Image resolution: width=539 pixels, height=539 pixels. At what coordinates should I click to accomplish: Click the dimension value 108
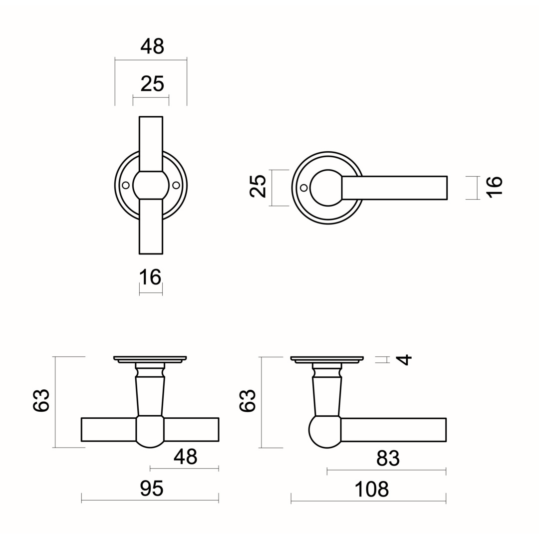pyautogui.click(x=372, y=489)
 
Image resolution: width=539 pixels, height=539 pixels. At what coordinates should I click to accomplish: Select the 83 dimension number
pyautogui.click(x=388, y=458)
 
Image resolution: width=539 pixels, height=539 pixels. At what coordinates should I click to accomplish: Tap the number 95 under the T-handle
pyautogui.click(x=152, y=489)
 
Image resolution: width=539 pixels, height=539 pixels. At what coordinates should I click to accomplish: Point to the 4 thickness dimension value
pyautogui.click(x=404, y=359)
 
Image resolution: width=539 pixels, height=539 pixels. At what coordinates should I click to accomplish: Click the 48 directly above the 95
pyautogui.click(x=185, y=457)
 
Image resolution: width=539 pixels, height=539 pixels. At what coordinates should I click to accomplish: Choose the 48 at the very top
pyautogui.click(x=152, y=46)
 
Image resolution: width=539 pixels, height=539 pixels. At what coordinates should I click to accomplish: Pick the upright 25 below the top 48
pyautogui.click(x=152, y=84)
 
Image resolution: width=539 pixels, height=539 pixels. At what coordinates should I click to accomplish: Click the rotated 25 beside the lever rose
pyautogui.click(x=258, y=186)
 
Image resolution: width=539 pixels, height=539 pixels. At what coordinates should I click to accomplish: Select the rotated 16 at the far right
pyautogui.click(x=494, y=187)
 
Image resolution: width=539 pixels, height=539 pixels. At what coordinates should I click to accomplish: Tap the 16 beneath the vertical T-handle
pyautogui.click(x=150, y=277)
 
